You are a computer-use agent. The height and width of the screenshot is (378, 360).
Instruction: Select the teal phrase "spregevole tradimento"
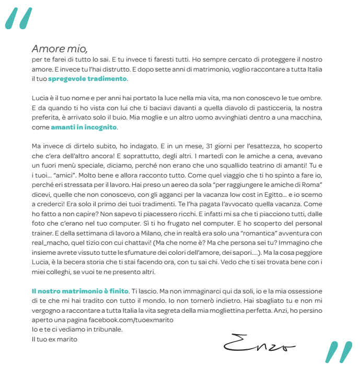tap(87, 79)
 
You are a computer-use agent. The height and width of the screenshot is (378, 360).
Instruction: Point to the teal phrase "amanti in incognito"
tap(84, 127)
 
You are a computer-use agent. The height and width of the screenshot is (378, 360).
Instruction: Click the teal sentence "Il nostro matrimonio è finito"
tap(79, 290)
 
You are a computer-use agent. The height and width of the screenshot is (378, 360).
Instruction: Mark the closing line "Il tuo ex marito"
tap(54, 339)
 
